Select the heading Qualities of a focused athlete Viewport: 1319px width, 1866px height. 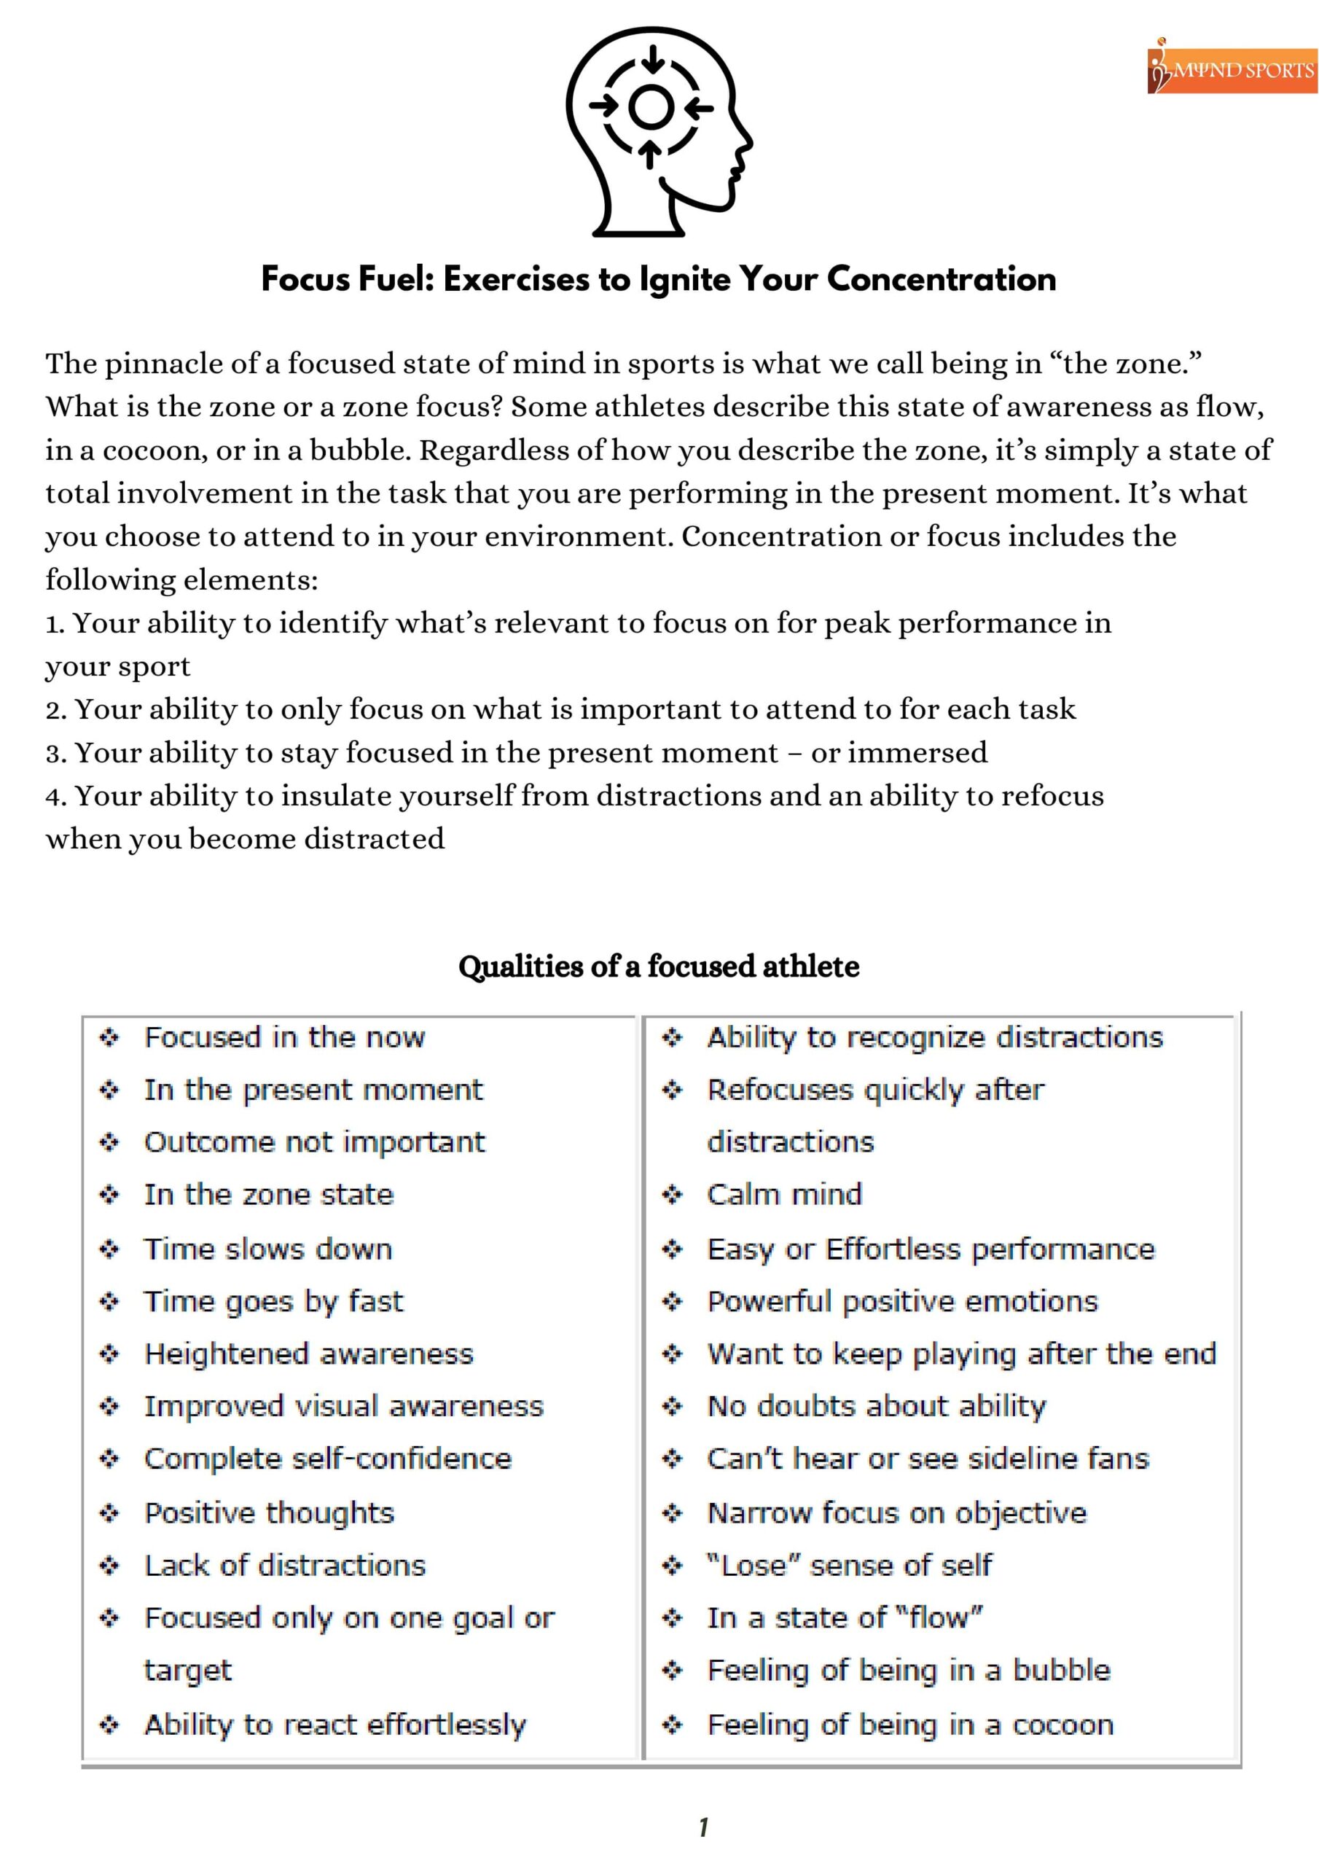click(658, 967)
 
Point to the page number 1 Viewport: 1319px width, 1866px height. click(703, 1827)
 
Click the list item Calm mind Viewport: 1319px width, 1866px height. click(783, 1194)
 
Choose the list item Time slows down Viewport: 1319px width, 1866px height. click(267, 1249)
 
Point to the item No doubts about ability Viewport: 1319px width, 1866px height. click(876, 1406)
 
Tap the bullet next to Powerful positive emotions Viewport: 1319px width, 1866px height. click(672, 1301)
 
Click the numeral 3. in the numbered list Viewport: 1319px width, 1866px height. click(56, 754)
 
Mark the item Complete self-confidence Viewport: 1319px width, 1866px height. click(327, 1459)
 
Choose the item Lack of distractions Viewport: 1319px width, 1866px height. click(284, 1564)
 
